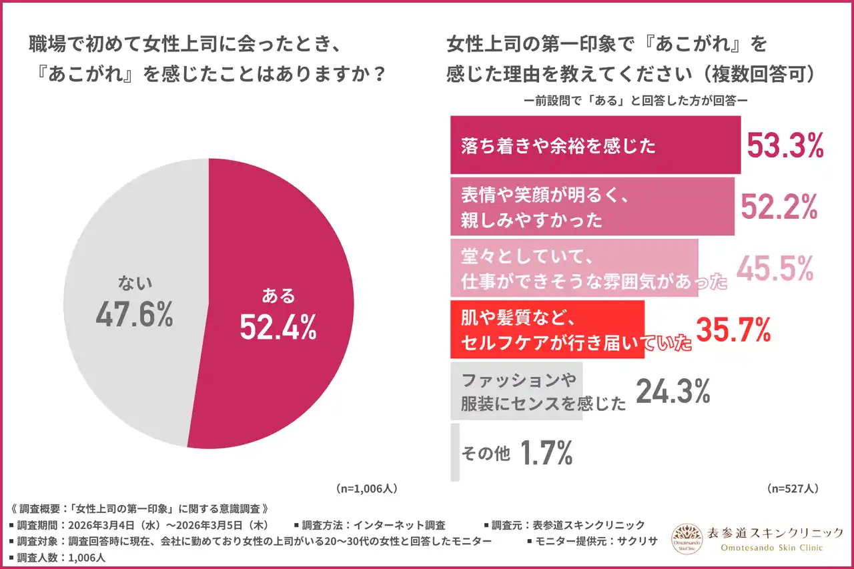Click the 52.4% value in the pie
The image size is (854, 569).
278,326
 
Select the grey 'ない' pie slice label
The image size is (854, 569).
135,283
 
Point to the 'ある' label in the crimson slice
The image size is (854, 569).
278,296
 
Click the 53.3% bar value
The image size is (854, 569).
784,145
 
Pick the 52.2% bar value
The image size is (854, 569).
779,206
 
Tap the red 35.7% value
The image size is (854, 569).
733,330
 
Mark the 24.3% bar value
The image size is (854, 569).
672,392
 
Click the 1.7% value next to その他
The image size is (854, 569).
545,454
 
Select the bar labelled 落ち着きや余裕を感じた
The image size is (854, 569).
595,145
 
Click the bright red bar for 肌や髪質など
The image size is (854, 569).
547,330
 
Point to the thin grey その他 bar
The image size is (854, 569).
455,452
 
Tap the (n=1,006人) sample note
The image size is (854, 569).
366,488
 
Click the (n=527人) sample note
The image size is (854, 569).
792,488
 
